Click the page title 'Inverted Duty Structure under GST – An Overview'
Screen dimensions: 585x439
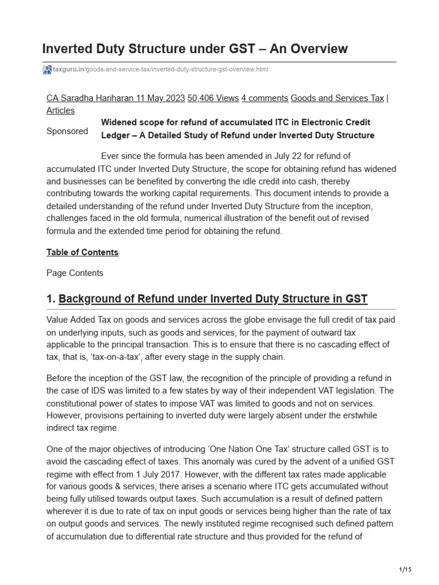(x=195, y=49)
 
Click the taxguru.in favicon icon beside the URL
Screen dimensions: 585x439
(x=47, y=70)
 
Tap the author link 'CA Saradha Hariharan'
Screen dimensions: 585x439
(x=90, y=98)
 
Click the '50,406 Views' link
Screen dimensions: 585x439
(x=213, y=98)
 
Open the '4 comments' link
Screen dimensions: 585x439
(x=265, y=98)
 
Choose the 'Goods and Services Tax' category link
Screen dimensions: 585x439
(x=337, y=98)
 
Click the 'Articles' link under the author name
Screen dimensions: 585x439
(x=60, y=110)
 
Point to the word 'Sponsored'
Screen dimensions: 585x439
(x=67, y=131)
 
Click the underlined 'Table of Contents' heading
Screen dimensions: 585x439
(x=82, y=252)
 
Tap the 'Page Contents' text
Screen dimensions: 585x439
(x=75, y=273)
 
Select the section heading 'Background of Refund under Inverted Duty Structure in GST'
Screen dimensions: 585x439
(x=213, y=299)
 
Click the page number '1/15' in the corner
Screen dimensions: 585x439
(x=405, y=570)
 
